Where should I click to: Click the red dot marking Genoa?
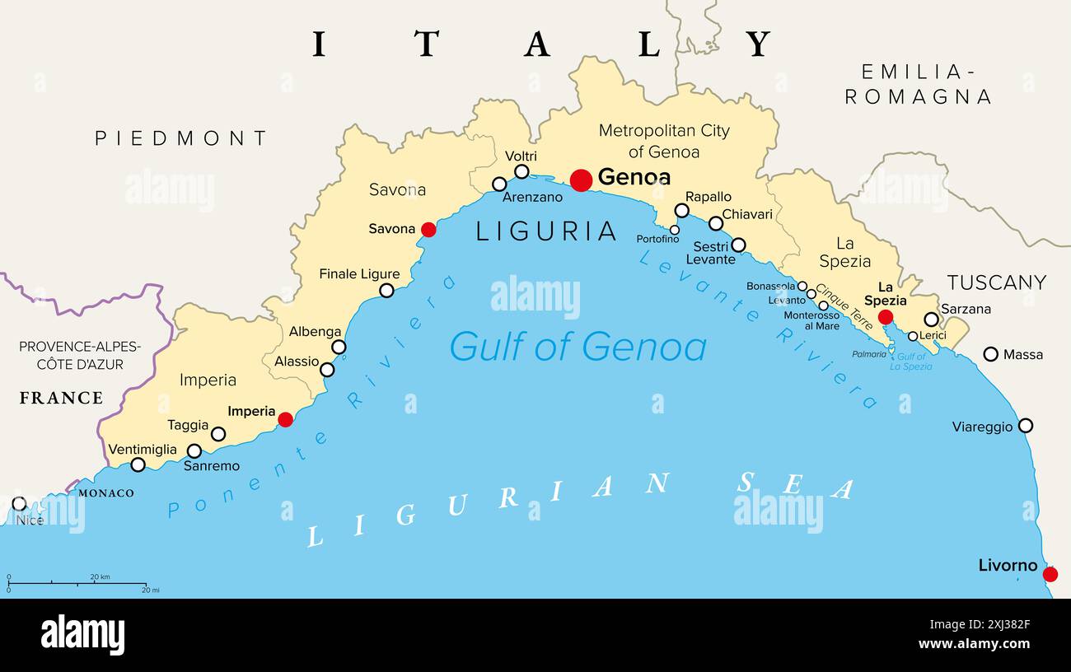[581, 180]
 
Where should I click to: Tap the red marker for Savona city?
[428, 230]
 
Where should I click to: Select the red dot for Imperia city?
[285, 419]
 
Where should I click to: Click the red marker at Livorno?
[1050, 574]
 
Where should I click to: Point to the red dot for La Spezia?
[885, 317]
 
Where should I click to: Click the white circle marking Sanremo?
[194, 450]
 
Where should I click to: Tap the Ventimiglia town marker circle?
[138, 464]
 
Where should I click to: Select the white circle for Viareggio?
[1025, 426]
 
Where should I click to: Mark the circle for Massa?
[990, 354]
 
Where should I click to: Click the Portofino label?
[657, 239]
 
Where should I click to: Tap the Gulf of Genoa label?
[578, 347]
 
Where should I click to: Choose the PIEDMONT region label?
[181, 138]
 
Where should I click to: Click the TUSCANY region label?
[996, 282]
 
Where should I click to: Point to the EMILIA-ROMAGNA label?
[918, 84]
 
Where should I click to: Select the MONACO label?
[105, 493]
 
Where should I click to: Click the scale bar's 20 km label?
[100, 576]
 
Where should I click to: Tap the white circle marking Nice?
[19, 503]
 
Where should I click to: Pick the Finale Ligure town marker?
[386, 290]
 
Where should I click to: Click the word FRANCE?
[61, 398]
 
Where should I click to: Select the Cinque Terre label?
[844, 307]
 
